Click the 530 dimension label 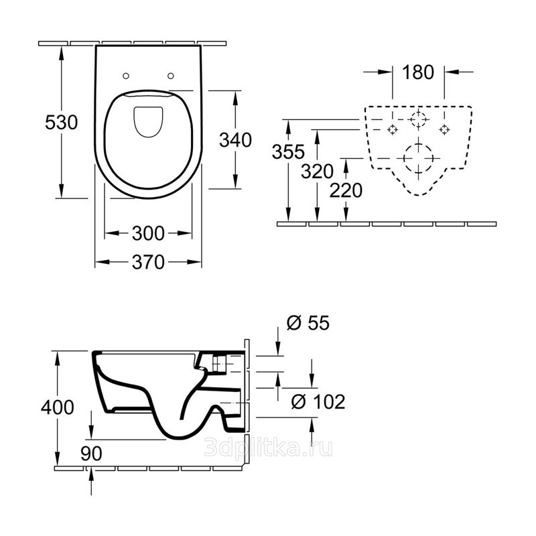[62, 123]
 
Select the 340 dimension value [236, 140]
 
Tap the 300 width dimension [148, 233]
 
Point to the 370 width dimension [148, 262]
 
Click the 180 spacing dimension [418, 72]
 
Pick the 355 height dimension [288, 152]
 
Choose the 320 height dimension [317, 172]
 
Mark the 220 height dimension [346, 190]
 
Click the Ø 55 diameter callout [308, 323]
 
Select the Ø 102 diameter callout [318, 401]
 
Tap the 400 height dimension [58, 407]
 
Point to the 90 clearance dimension [91, 454]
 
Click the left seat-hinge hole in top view [126, 76]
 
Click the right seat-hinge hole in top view [171, 76]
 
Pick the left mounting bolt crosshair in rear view [393, 129]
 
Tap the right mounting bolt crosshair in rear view [444, 129]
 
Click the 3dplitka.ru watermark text [269, 448]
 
